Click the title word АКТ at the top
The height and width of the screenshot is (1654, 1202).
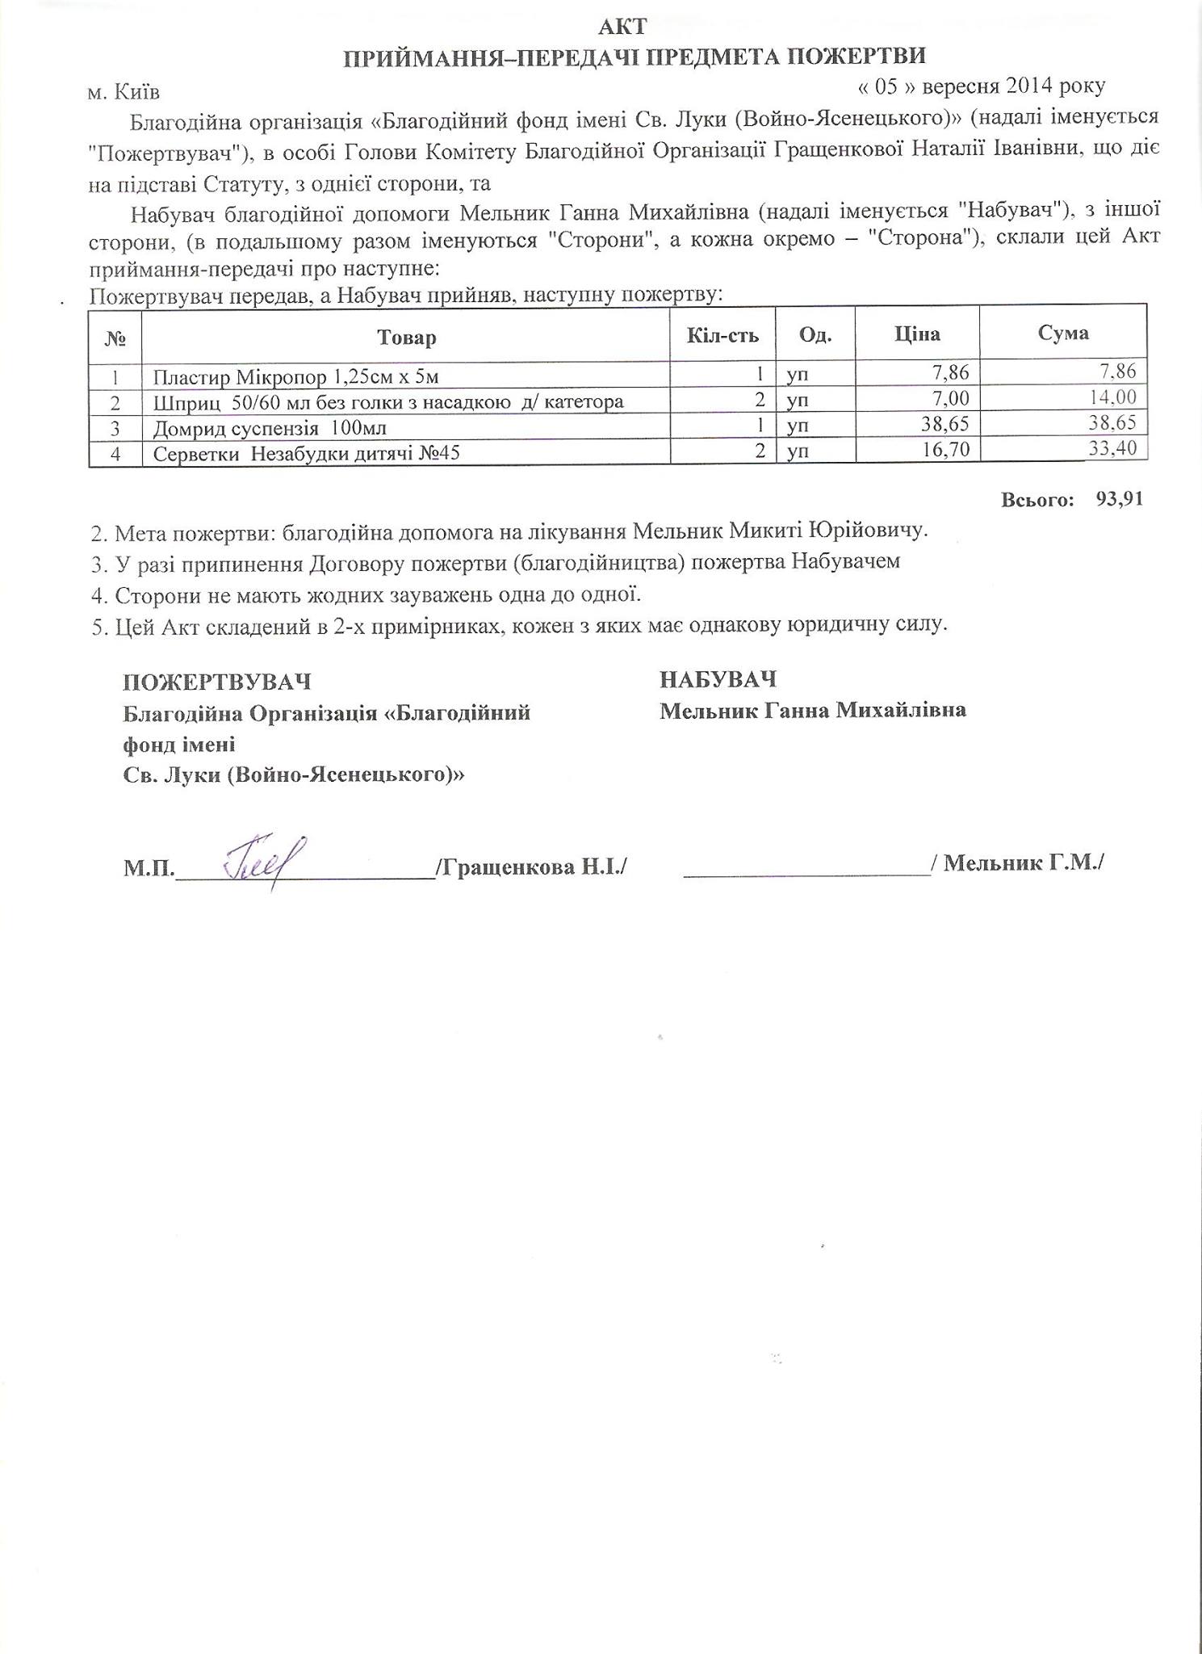point(622,27)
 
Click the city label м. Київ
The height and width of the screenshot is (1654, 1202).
point(124,93)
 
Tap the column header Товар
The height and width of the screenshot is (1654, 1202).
point(406,337)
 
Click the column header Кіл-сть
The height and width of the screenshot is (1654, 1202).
point(722,334)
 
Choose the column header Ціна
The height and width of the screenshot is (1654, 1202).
point(917,334)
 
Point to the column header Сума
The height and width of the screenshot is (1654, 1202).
point(1063,333)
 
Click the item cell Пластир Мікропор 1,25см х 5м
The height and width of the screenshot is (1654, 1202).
point(296,376)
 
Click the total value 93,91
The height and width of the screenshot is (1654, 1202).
point(1120,499)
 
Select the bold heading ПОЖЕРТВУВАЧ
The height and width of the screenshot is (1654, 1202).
point(216,682)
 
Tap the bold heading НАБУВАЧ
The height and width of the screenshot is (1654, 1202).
point(718,679)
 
